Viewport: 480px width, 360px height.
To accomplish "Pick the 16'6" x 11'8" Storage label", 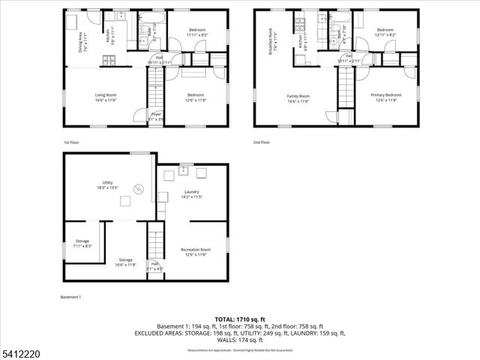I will point(124,262).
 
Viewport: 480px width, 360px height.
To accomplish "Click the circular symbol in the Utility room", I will point(137,188).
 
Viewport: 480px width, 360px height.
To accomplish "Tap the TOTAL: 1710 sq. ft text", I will point(239,319).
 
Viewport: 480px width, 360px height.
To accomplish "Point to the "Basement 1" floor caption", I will point(70,298).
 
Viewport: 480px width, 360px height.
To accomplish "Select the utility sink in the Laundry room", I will point(182,169).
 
